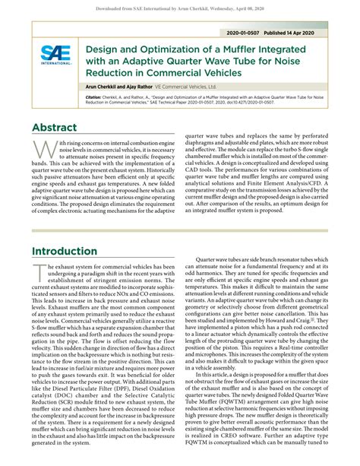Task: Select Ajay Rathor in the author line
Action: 145,88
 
